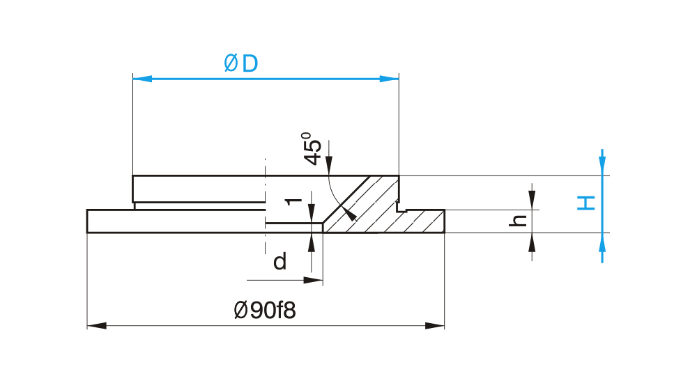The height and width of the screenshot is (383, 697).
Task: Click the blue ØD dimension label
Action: coord(241,63)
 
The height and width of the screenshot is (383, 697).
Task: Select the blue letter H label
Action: coord(586,203)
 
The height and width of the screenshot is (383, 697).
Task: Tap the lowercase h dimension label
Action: coord(518,220)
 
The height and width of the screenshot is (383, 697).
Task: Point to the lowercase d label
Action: coord(279,261)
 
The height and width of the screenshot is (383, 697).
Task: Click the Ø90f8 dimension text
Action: coord(264,310)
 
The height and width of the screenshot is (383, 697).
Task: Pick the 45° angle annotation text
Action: coord(312,148)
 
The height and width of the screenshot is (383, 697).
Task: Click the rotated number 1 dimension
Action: coord(293,201)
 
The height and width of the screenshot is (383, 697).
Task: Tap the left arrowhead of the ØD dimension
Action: coord(142,79)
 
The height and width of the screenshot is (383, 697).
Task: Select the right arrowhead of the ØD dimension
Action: coord(390,79)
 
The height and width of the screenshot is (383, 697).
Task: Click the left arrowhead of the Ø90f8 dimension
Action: coord(97,326)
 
